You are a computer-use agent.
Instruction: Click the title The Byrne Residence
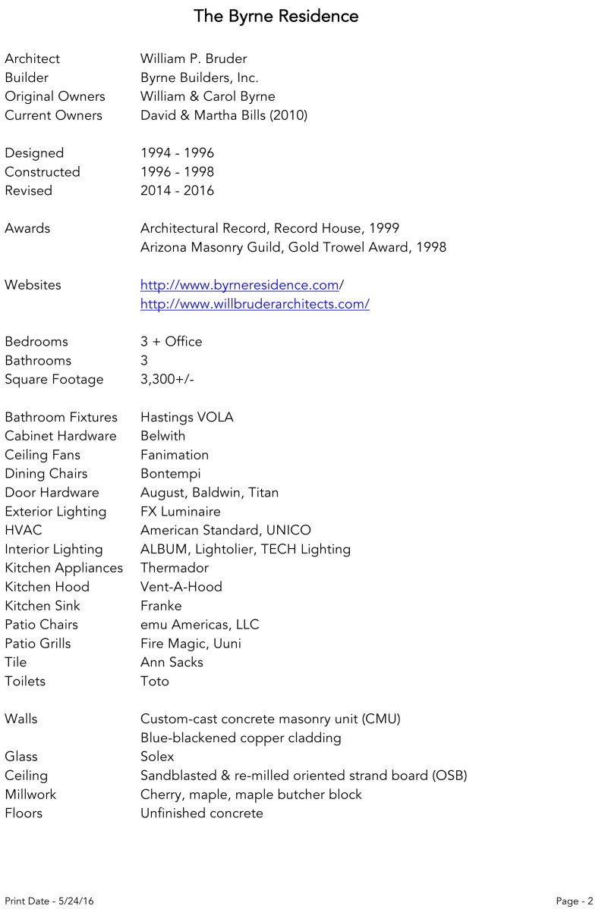click(276, 16)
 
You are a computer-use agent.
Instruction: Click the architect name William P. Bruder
click(194, 58)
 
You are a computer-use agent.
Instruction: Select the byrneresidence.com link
click(239, 285)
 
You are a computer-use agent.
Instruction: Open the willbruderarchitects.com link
click(254, 304)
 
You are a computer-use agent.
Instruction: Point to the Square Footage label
click(54, 379)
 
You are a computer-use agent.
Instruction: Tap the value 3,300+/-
click(167, 379)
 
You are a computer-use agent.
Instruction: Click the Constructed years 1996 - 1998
click(177, 171)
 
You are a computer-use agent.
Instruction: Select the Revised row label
click(29, 190)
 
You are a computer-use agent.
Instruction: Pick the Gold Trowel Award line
click(293, 247)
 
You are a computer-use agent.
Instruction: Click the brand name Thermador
click(175, 568)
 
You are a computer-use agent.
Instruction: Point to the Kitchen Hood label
click(47, 587)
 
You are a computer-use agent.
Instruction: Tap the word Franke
click(161, 606)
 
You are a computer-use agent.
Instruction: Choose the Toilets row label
click(25, 681)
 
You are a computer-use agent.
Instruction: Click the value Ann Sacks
click(172, 662)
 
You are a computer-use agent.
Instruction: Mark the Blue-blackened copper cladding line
click(241, 738)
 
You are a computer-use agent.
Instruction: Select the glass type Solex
click(157, 757)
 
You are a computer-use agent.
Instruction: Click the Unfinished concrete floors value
click(202, 813)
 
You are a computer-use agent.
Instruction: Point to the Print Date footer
click(49, 901)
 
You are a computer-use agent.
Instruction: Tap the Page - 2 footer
click(574, 901)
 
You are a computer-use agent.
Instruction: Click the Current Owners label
click(53, 115)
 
